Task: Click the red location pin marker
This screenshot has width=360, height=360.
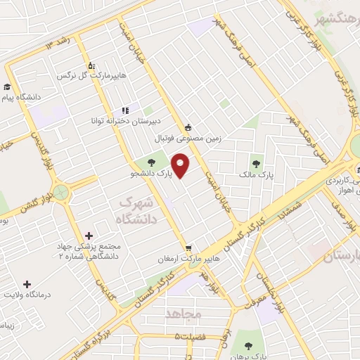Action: [181, 167]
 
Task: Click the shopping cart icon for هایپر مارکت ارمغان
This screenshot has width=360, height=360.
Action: [188, 248]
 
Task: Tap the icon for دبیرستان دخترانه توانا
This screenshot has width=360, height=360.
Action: [126, 110]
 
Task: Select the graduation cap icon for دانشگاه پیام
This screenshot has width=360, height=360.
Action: [6, 87]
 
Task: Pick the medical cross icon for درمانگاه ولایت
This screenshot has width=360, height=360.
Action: [27, 284]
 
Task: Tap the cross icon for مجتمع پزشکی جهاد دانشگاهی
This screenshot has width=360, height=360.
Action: [87, 236]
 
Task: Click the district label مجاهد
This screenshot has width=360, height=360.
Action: [185, 314]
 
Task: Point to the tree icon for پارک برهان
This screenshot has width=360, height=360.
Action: [248, 345]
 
